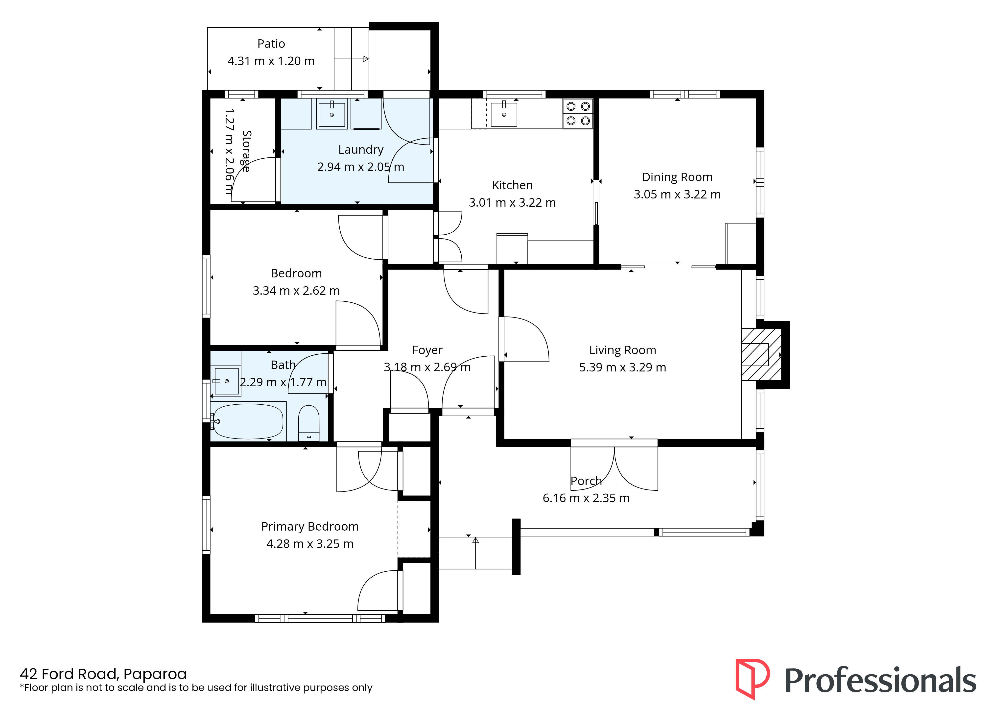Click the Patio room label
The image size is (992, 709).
click(271, 44)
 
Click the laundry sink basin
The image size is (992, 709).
click(332, 114)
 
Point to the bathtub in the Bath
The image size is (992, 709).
click(248, 421)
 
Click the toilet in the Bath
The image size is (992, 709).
click(308, 423)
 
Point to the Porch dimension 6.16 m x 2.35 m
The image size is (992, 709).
click(586, 498)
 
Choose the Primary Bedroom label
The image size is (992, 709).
click(310, 527)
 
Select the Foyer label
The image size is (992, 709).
click(427, 350)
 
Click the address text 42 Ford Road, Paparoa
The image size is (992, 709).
click(103, 674)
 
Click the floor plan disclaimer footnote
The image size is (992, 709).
click(196, 688)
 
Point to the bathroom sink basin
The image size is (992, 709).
click(227, 381)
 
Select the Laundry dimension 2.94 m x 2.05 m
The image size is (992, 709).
click(360, 167)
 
